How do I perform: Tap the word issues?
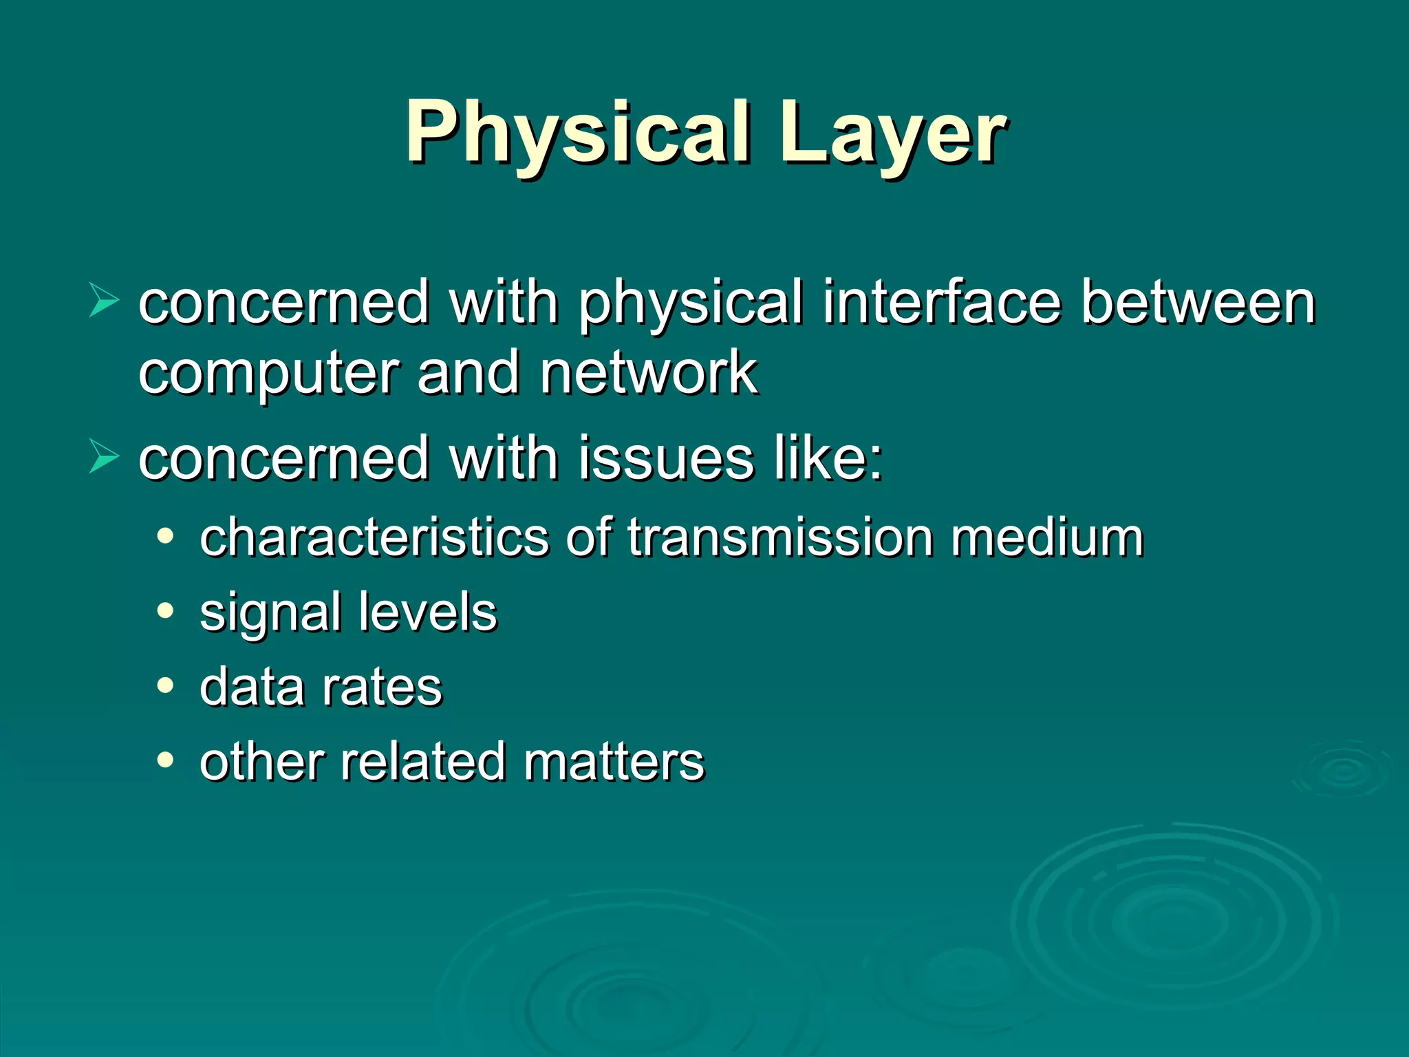[666, 458]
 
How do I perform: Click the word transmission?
[780, 537]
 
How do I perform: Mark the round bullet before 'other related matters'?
[165, 760]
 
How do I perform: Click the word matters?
[614, 762]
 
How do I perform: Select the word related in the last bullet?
[421, 762]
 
